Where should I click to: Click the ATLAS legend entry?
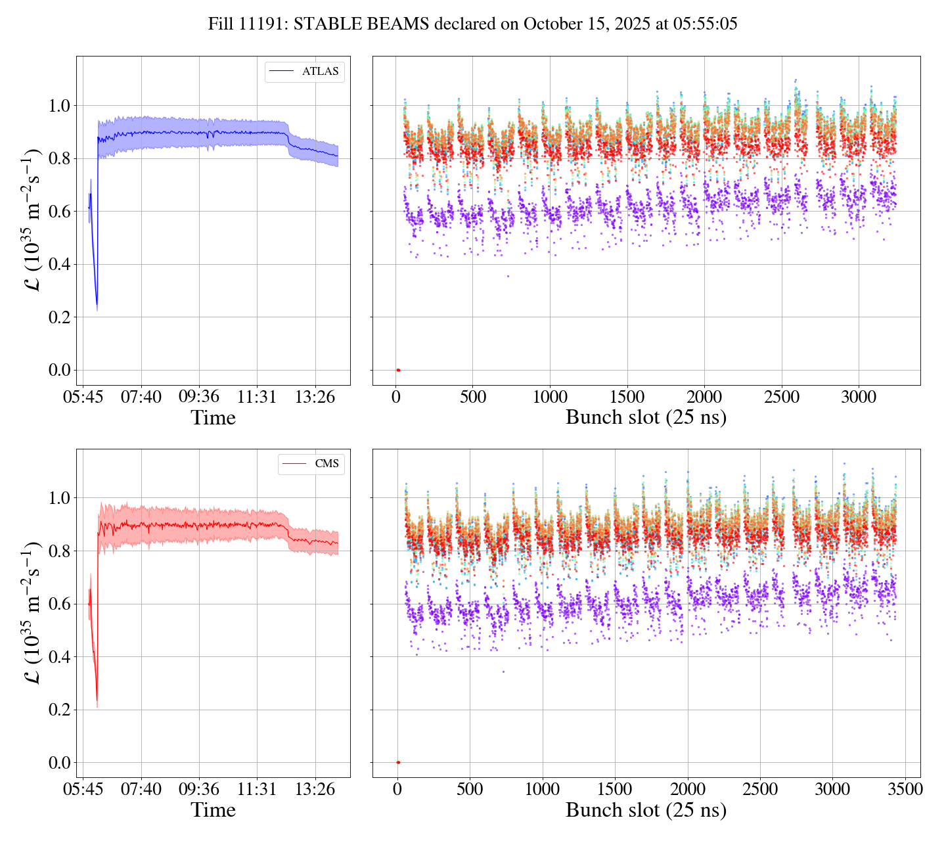point(305,72)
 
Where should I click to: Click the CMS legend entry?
point(311,464)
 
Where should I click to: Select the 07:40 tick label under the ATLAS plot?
point(141,398)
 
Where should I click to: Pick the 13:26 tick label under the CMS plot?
point(315,790)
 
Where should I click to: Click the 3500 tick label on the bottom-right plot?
point(905,790)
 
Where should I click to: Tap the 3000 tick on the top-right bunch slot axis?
point(859,398)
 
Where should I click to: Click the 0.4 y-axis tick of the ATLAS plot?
point(60,265)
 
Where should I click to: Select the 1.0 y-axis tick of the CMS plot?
point(60,498)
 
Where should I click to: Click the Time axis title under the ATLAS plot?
point(214,418)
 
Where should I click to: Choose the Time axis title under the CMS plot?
point(214,810)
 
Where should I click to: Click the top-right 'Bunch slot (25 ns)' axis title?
point(646,418)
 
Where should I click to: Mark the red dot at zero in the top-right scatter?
point(398,370)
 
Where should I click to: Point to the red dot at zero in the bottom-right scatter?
point(398,762)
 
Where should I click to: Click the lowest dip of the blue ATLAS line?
point(97,306)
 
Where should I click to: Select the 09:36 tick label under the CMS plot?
point(199,790)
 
